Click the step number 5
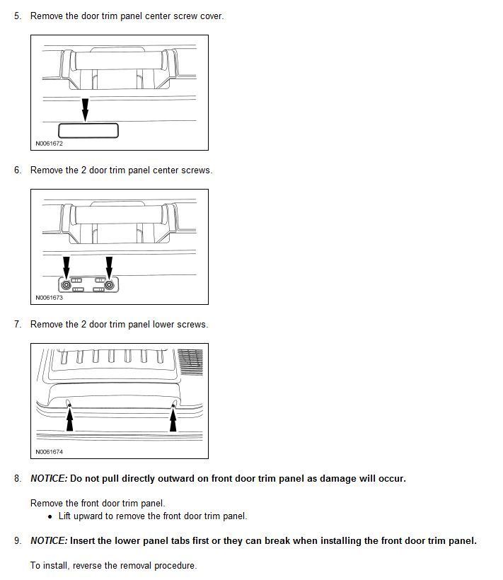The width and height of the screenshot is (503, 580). (17, 16)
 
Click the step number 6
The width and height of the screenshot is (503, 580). (17, 170)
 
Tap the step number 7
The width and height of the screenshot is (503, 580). (17, 324)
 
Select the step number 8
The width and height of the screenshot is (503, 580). (17, 479)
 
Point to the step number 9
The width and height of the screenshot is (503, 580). (17, 541)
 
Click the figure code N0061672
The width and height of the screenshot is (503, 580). (49, 144)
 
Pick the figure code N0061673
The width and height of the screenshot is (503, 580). (49, 298)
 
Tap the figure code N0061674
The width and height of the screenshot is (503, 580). (49, 452)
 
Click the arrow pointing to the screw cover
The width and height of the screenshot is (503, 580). (86, 110)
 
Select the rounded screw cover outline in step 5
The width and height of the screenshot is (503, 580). (88, 131)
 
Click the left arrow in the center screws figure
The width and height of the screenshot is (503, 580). (67, 266)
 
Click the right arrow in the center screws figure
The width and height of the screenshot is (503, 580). (109, 266)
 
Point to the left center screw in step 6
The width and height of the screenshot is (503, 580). (67, 284)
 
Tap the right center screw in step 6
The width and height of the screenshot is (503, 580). (109, 284)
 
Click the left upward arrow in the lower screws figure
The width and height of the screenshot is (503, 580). (69, 420)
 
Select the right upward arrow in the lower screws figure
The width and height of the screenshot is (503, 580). (173, 420)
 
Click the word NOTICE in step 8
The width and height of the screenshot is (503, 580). (49, 479)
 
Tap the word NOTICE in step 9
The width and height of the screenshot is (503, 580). (49, 541)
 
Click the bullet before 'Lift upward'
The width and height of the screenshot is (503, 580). (50, 516)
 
